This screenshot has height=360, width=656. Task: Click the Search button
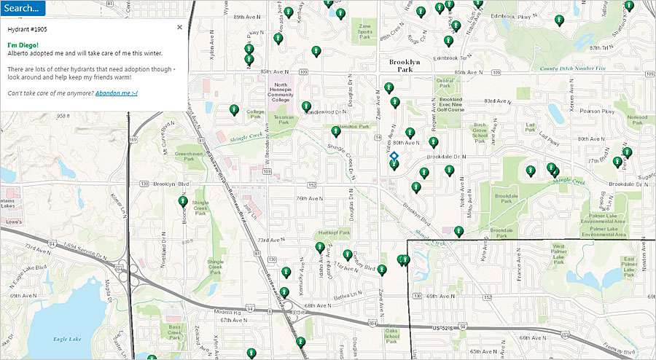[x=23, y=8]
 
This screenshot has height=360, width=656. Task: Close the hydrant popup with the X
[x=179, y=27]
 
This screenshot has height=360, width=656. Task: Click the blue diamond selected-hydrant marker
[x=394, y=155]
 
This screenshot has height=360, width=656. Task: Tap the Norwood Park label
[x=636, y=120]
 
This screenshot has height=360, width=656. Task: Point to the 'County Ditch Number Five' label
[x=572, y=69]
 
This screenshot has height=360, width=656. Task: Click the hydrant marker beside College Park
[x=235, y=110]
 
